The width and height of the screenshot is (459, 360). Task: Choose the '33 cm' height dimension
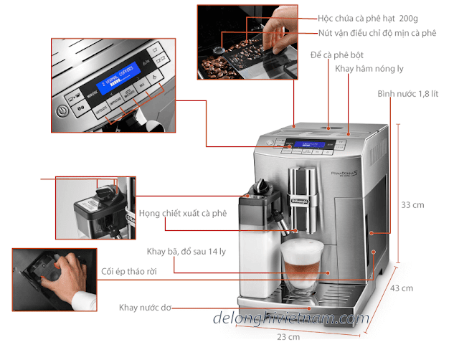click(x=412, y=205)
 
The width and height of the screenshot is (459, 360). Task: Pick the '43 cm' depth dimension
click(x=402, y=288)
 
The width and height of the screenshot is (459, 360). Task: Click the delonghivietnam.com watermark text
click(x=290, y=318)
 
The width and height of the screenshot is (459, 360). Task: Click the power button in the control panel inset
click(x=63, y=110)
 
